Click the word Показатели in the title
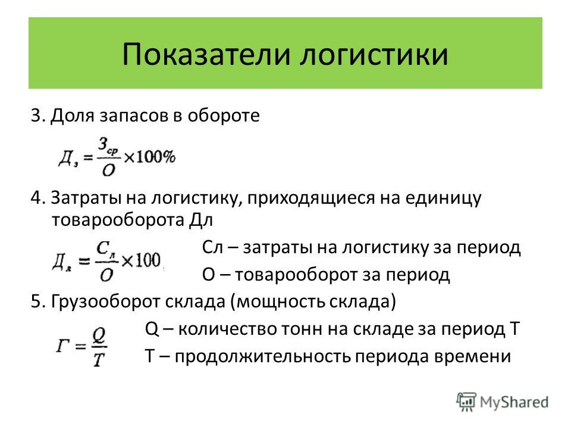click(206, 54)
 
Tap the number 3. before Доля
click(38, 115)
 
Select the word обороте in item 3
click(224, 115)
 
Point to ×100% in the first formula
click(149, 157)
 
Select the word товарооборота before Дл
click(118, 220)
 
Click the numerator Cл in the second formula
click(106, 249)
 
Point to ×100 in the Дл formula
click(141, 260)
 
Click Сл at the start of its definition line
click(212, 247)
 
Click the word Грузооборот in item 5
click(106, 302)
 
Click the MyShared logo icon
click(466, 402)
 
